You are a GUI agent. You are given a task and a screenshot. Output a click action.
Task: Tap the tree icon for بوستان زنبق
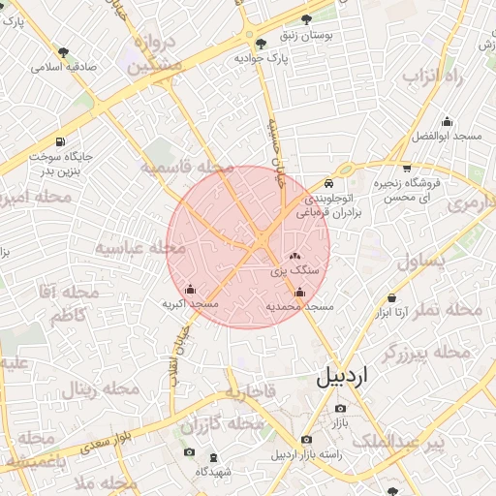tap(307, 19)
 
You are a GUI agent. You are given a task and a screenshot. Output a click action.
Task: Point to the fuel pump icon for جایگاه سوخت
tap(62, 140)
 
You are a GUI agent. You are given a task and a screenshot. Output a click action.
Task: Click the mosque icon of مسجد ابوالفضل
tap(447, 122)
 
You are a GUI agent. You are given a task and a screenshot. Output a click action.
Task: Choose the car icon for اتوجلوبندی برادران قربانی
tap(329, 183)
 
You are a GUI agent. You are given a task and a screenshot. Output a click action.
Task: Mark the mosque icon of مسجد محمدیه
tap(299, 293)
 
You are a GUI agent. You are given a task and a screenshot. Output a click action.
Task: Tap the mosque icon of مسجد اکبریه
tap(190, 289)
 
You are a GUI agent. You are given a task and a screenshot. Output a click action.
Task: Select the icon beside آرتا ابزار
tap(391, 298)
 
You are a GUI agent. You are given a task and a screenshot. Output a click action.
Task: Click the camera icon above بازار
tap(339, 409)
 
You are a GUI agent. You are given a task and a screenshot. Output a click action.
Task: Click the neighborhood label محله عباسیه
tap(139, 248)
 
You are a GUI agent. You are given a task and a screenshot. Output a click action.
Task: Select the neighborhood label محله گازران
tap(222, 423)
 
